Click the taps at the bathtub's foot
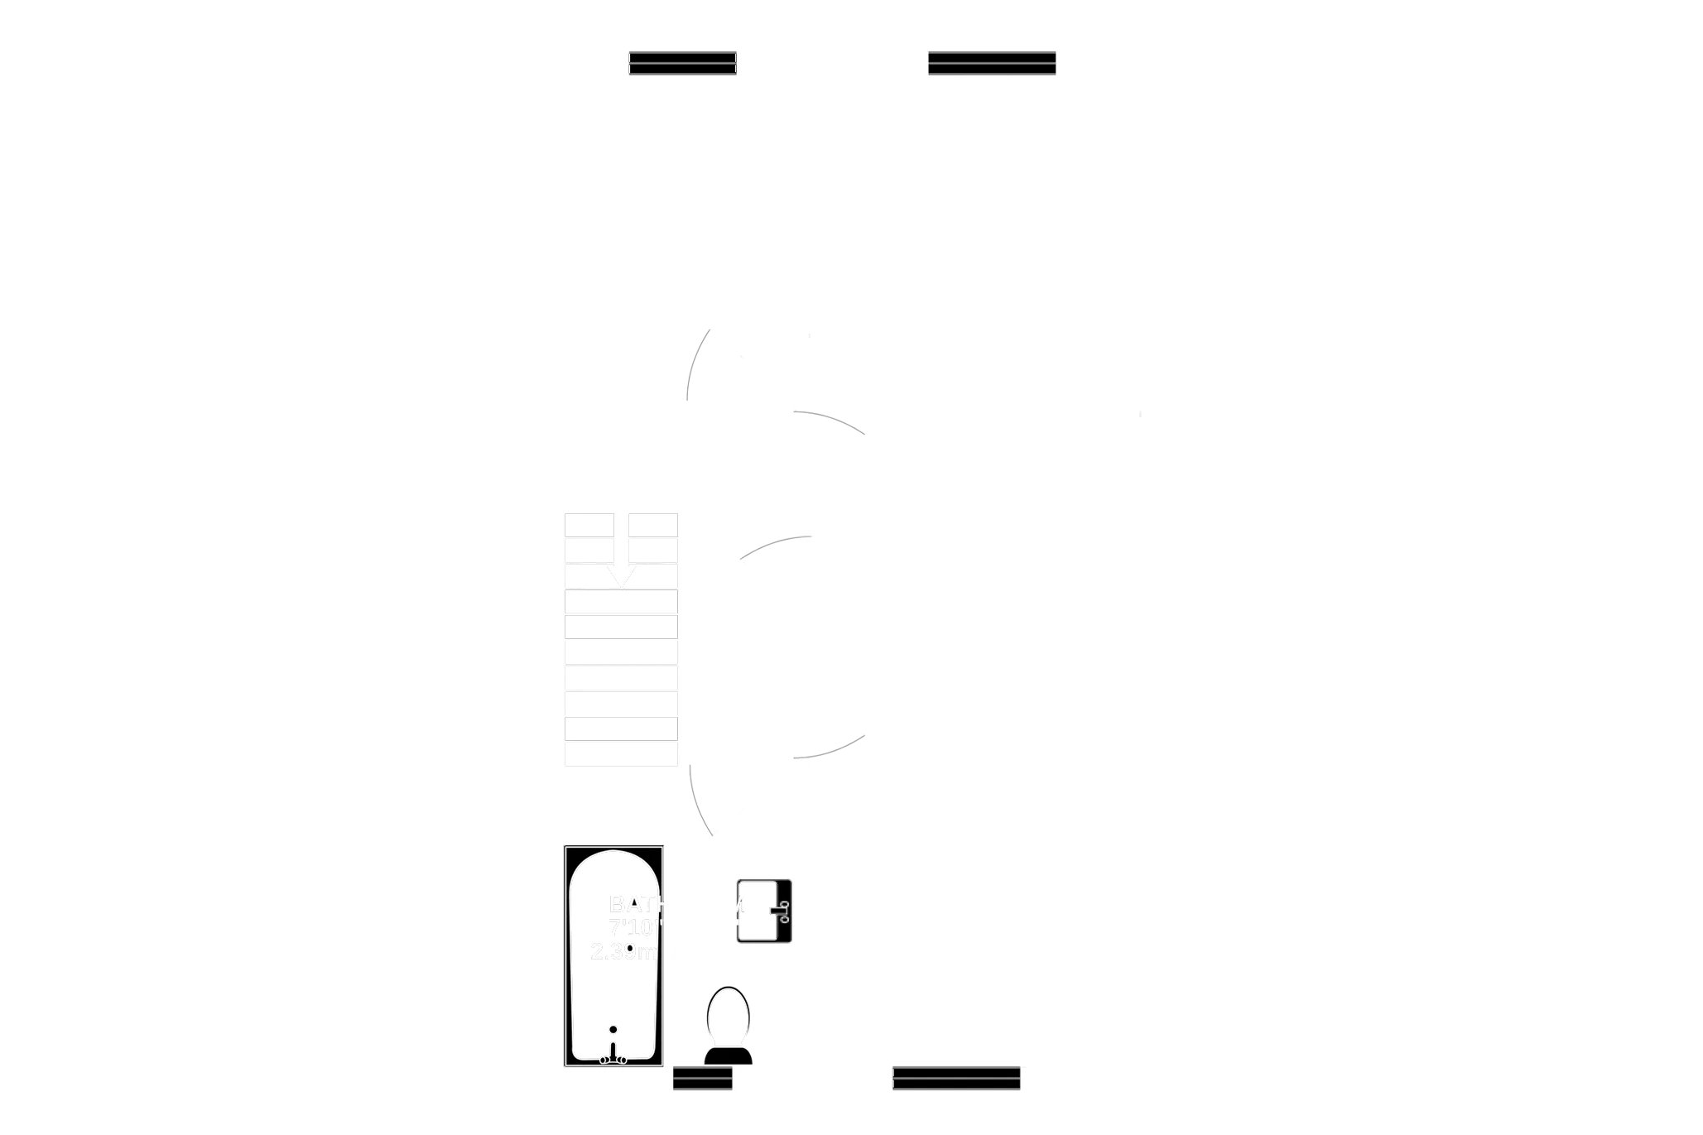(x=613, y=1058)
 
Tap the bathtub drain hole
(x=613, y=1029)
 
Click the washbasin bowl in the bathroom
(x=755, y=911)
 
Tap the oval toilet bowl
(x=727, y=1016)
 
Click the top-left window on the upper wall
(x=683, y=64)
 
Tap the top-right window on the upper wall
(x=992, y=64)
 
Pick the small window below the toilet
(x=702, y=1080)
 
